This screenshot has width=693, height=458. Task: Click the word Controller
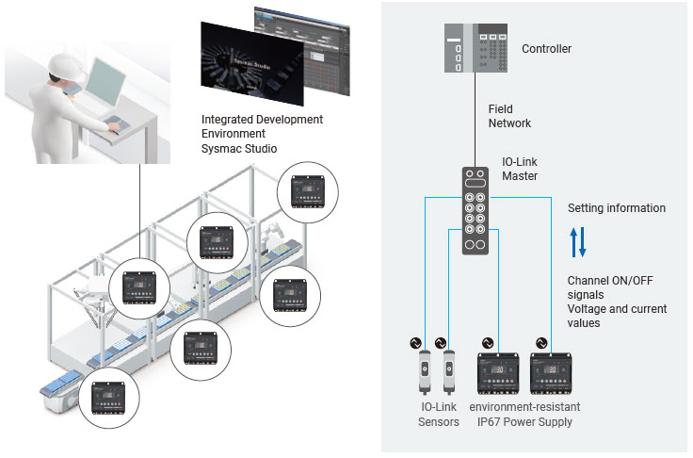(x=546, y=49)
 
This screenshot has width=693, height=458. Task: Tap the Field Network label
(x=509, y=117)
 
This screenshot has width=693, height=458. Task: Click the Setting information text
(x=616, y=208)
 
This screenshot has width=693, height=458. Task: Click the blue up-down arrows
(x=578, y=240)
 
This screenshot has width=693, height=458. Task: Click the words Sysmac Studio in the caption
(x=239, y=149)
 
